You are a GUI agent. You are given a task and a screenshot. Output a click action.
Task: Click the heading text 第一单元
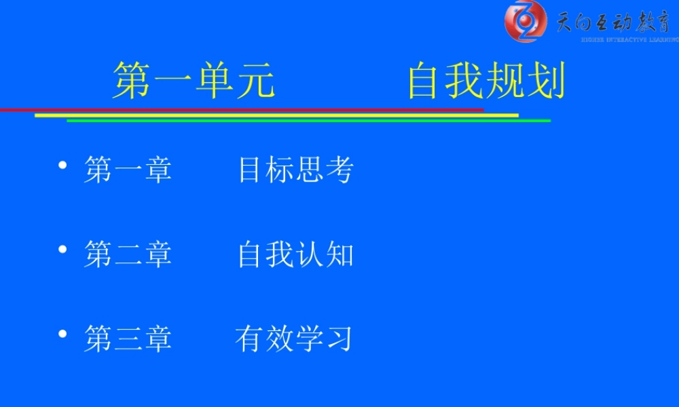point(194,81)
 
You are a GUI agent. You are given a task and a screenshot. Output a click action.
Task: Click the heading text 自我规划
point(486,81)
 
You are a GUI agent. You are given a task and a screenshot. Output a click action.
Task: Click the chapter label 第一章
point(128,170)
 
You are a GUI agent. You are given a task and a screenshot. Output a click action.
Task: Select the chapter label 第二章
point(128,255)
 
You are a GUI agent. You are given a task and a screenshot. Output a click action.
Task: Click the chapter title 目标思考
point(295,170)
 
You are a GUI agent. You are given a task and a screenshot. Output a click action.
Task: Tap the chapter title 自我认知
point(295,255)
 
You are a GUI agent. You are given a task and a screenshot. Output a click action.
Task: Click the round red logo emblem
point(525,21)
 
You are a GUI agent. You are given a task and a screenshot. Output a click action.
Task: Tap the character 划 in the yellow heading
point(547,81)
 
